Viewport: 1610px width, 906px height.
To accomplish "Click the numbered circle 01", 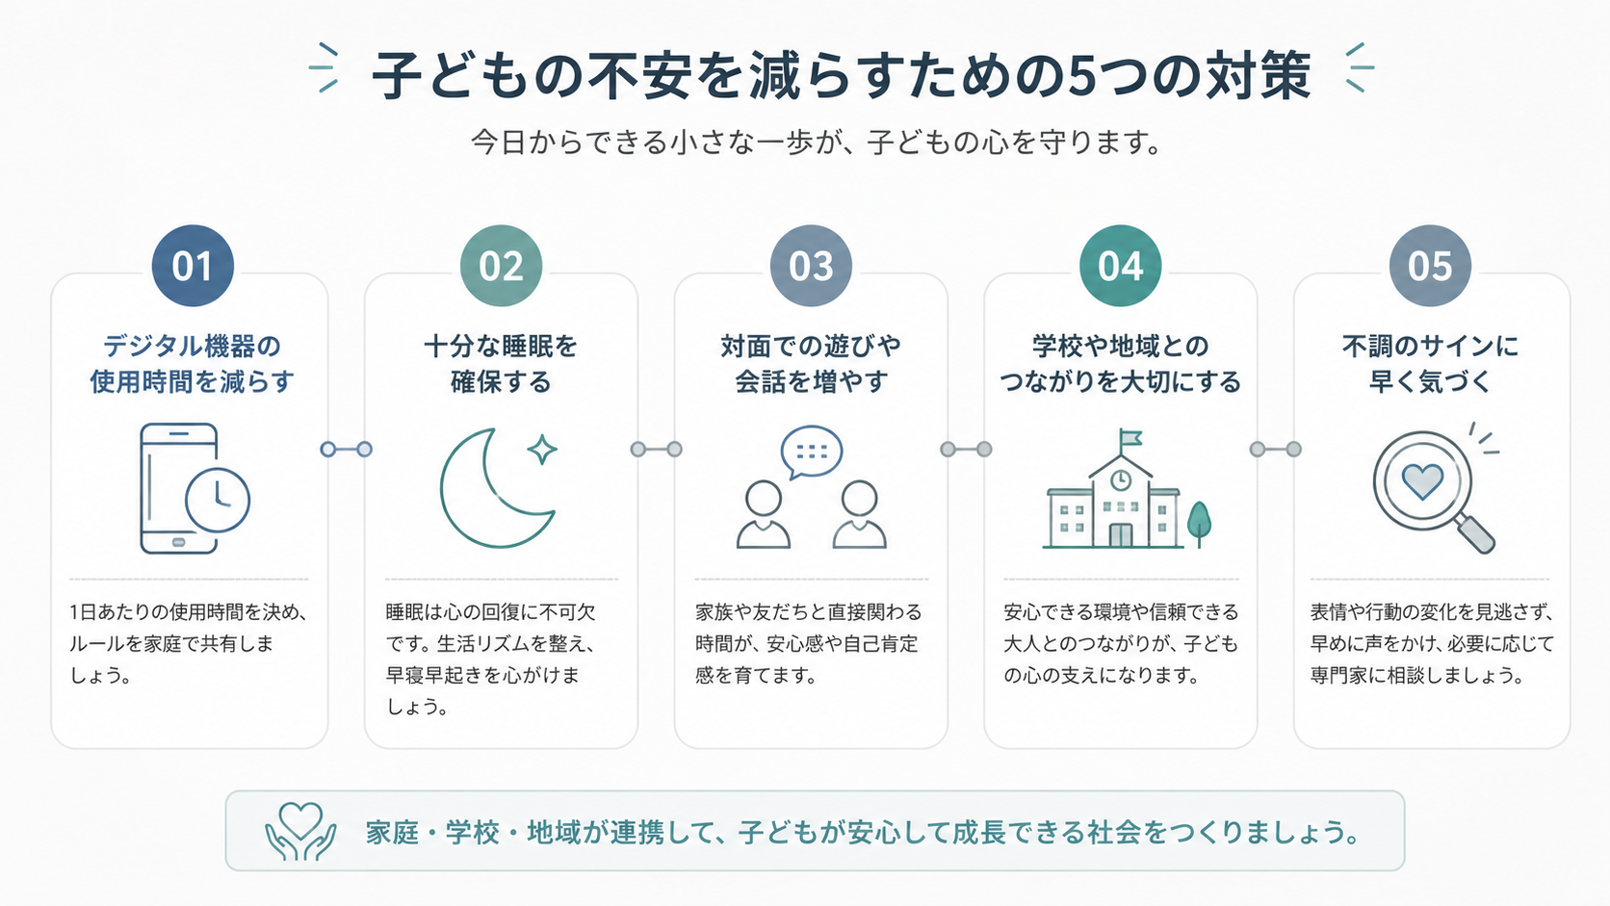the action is click(x=193, y=266).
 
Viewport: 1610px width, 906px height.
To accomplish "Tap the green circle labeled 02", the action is click(x=501, y=266).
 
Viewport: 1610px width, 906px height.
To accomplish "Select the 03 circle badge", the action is click(x=811, y=266).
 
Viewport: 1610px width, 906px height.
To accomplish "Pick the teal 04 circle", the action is click(x=1121, y=266).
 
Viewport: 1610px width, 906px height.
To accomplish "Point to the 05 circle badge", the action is click(x=1430, y=266).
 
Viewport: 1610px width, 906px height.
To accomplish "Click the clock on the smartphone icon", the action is click(x=218, y=500).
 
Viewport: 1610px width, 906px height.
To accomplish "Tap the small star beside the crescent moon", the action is click(x=542, y=450).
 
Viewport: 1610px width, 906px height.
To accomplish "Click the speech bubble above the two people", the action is click(x=812, y=452).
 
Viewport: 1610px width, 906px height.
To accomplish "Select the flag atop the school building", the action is click(x=1130, y=438).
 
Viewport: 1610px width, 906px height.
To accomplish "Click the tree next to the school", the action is click(x=1199, y=523).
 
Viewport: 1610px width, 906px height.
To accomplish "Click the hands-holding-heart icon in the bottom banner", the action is click(x=300, y=831).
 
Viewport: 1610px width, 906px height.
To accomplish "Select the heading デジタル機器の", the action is click(x=192, y=347).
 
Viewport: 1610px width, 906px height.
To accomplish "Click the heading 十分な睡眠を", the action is click(x=501, y=347).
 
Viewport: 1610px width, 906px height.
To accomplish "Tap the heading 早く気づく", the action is click(x=1430, y=381).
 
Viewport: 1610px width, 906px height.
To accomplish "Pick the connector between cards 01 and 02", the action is click(x=347, y=449).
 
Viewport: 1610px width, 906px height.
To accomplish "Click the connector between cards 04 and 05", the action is click(x=1276, y=449).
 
